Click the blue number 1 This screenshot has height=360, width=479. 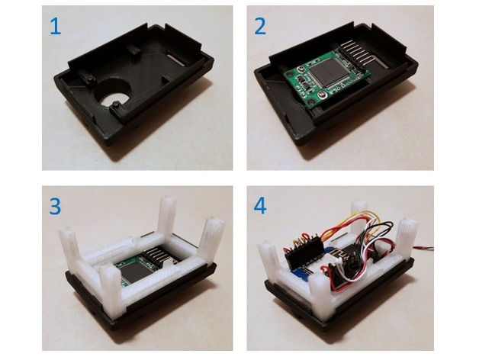[x=55, y=26]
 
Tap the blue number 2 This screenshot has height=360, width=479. [x=260, y=26]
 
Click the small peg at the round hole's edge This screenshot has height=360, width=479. [x=115, y=104]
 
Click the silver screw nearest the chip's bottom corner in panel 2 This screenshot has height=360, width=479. [x=323, y=95]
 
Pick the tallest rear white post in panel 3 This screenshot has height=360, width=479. [x=168, y=220]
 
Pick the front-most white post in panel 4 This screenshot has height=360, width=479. [x=321, y=297]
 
